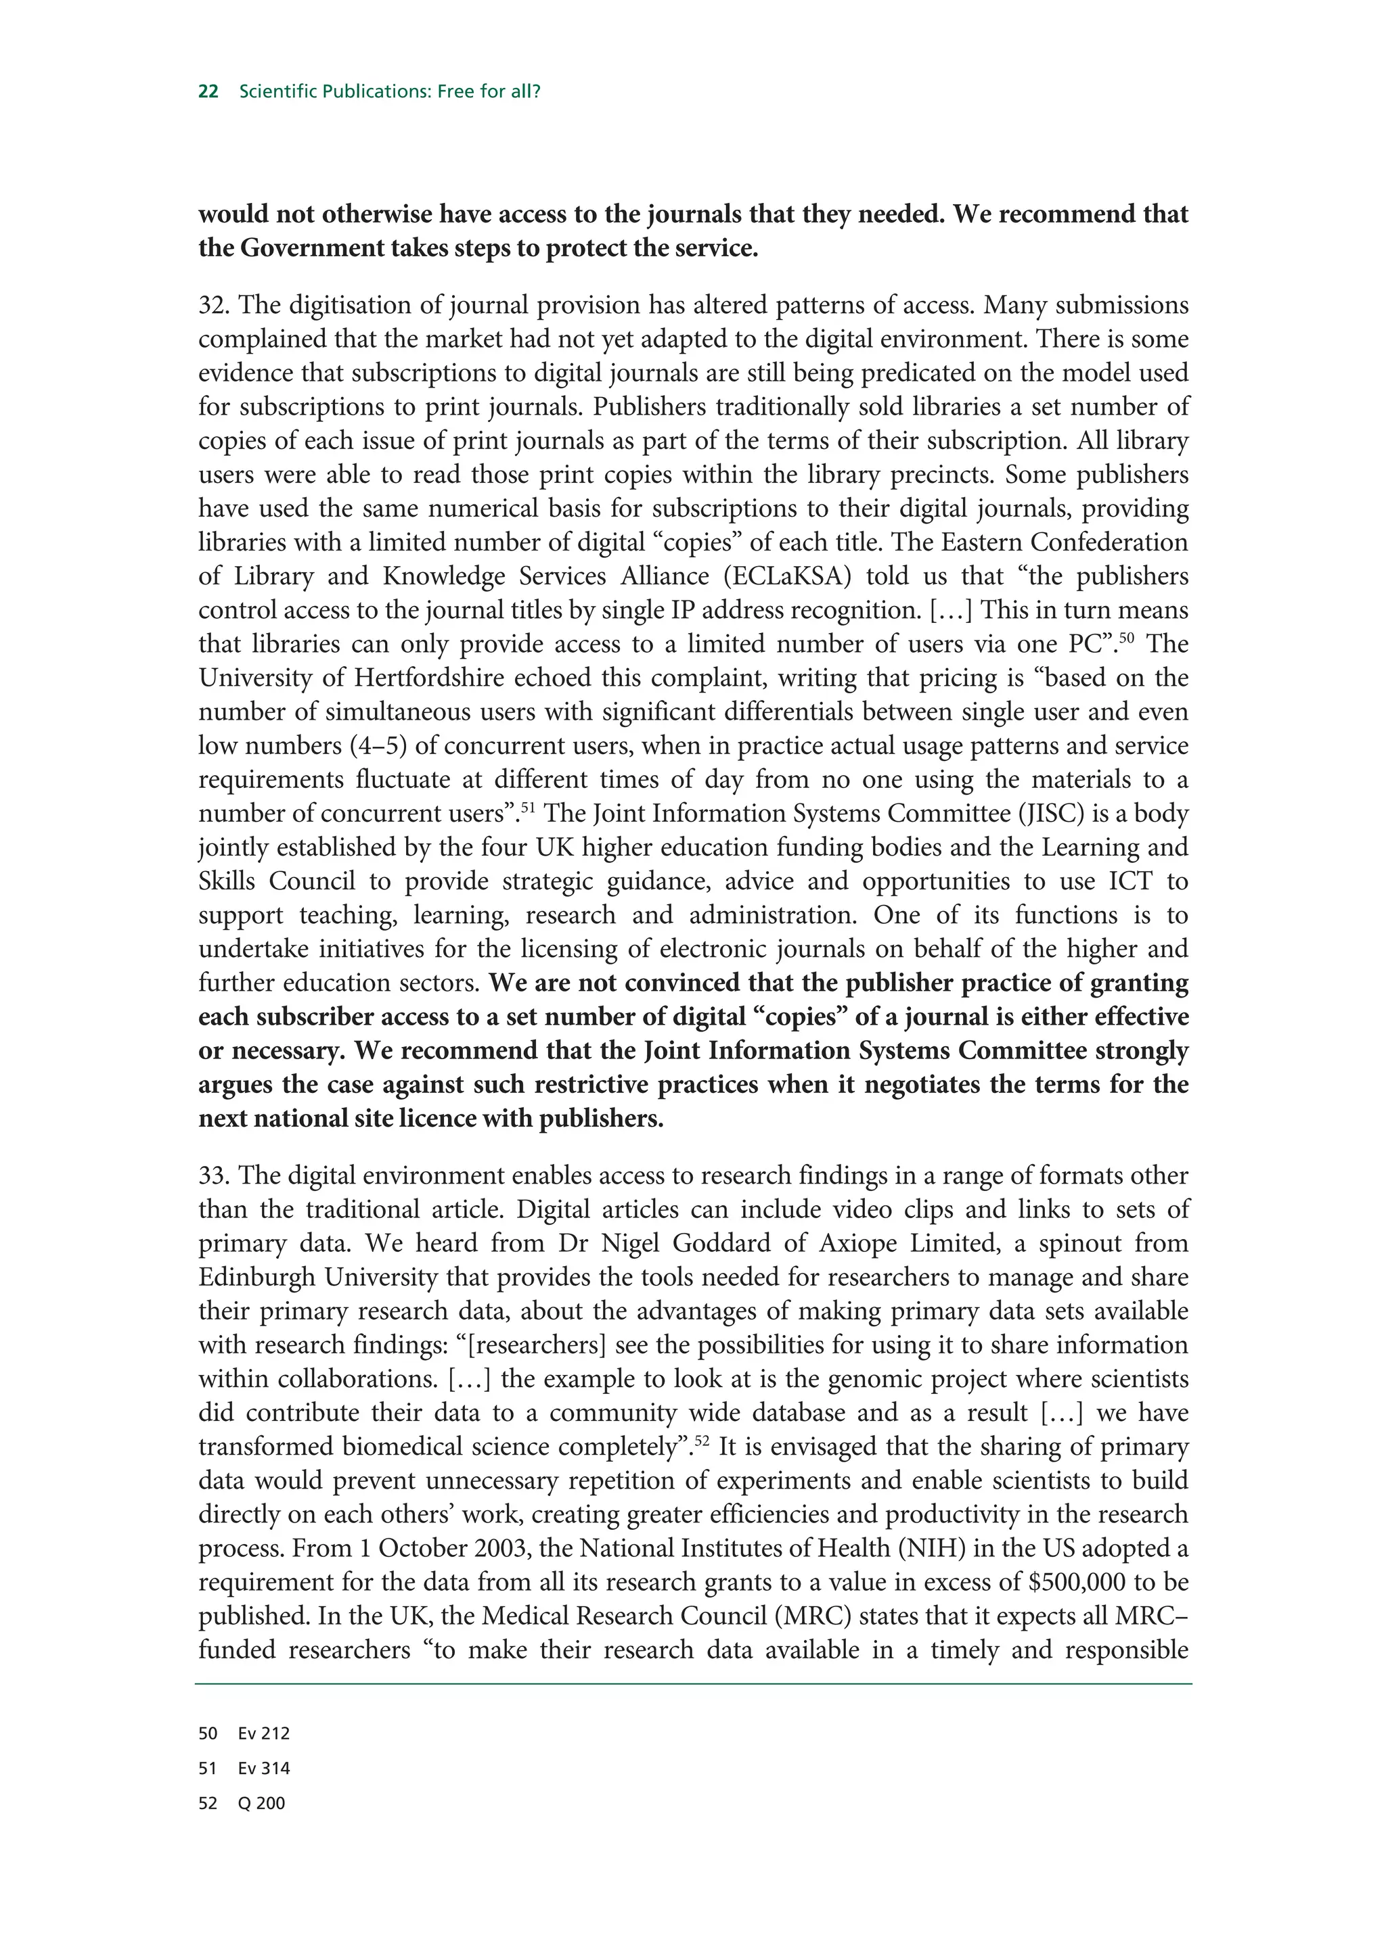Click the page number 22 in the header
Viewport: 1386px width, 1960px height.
coord(208,91)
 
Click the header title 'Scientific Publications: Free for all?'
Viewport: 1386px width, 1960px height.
coord(389,91)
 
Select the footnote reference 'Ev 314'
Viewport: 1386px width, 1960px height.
coord(264,1769)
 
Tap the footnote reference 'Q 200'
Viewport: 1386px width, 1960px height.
coord(261,1804)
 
